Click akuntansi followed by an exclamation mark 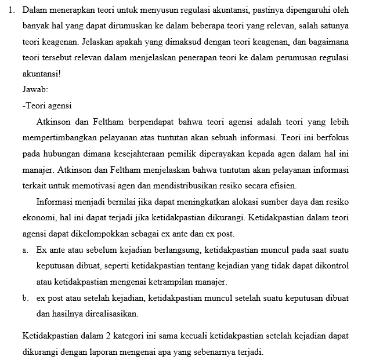[x=42, y=74]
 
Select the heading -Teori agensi [x=47, y=106]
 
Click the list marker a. [x=26, y=250]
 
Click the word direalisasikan [x=111, y=314]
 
